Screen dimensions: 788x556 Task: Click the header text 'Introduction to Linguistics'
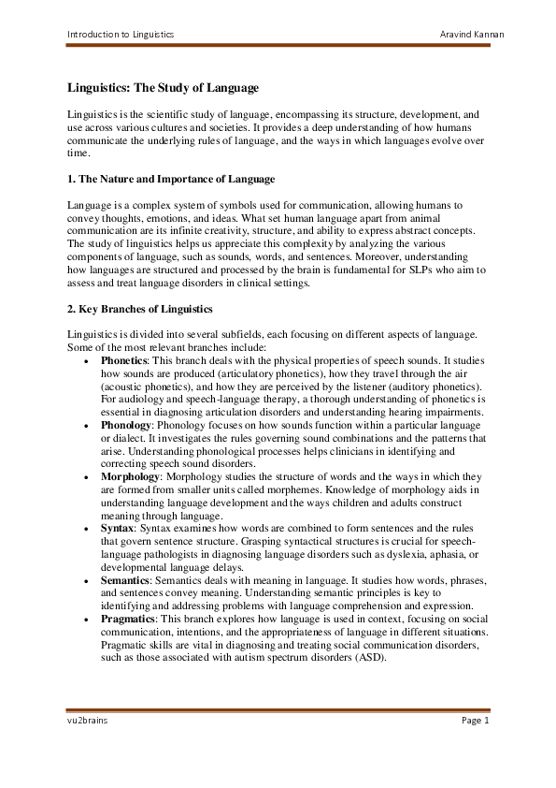coord(120,35)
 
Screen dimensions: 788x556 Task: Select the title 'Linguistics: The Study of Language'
coord(164,88)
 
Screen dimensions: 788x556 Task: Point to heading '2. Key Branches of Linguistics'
coord(140,309)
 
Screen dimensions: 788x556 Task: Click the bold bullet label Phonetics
coord(123,360)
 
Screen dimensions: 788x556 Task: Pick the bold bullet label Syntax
coord(117,529)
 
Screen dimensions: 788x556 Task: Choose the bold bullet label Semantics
coord(124,580)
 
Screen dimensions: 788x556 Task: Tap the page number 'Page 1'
coord(474,720)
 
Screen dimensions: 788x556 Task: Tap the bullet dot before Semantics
coord(86,581)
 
